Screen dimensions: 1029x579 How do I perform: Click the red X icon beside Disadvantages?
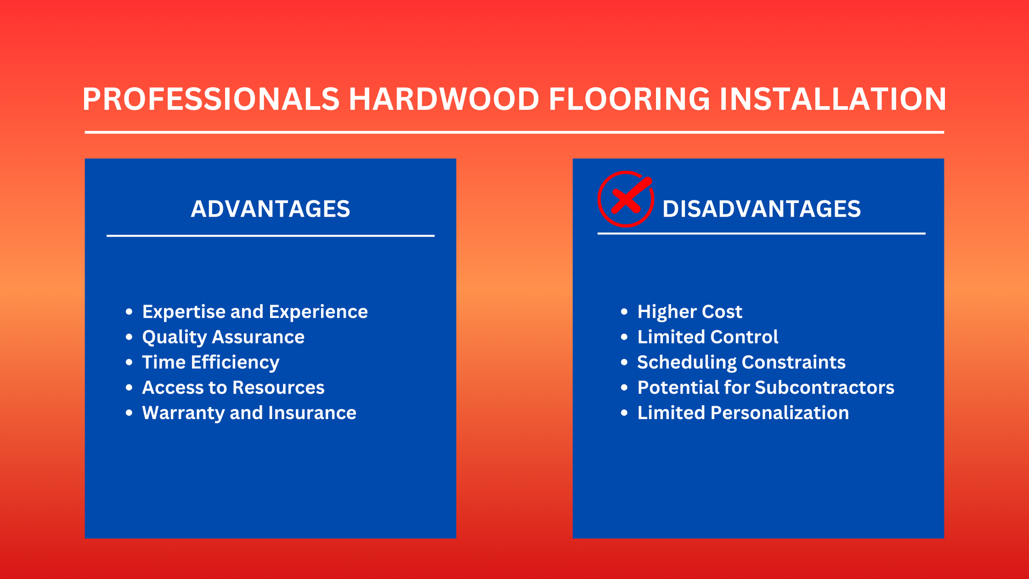tap(625, 199)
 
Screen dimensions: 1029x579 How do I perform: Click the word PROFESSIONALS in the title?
tap(211, 99)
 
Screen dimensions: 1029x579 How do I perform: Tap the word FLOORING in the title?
tap(630, 99)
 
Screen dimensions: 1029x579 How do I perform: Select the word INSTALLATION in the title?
tap(833, 99)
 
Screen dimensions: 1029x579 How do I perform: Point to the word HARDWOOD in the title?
tap(444, 99)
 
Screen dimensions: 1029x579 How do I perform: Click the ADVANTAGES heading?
tap(271, 209)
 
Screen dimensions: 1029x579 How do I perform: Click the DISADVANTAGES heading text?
tap(762, 209)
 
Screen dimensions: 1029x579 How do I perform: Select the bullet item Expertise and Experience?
tap(255, 312)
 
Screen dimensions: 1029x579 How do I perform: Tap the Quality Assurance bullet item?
tap(223, 337)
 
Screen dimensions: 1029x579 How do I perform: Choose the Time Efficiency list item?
tap(211, 362)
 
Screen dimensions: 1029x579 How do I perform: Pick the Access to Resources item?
tap(233, 388)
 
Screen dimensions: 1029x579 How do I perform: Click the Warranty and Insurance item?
tap(249, 413)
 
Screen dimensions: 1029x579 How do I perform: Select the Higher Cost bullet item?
tap(690, 312)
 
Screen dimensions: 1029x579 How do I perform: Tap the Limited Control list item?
tap(707, 337)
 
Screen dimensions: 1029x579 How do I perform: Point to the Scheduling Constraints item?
tap(741, 362)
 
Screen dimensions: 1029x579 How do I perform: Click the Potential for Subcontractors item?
tap(766, 388)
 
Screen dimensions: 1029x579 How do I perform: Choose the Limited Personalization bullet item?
tap(743, 413)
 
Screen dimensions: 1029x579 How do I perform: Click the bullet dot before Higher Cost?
tap(624, 311)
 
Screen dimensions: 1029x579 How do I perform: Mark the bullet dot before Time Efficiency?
tap(129, 362)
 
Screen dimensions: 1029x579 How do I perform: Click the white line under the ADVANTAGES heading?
tap(270, 235)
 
